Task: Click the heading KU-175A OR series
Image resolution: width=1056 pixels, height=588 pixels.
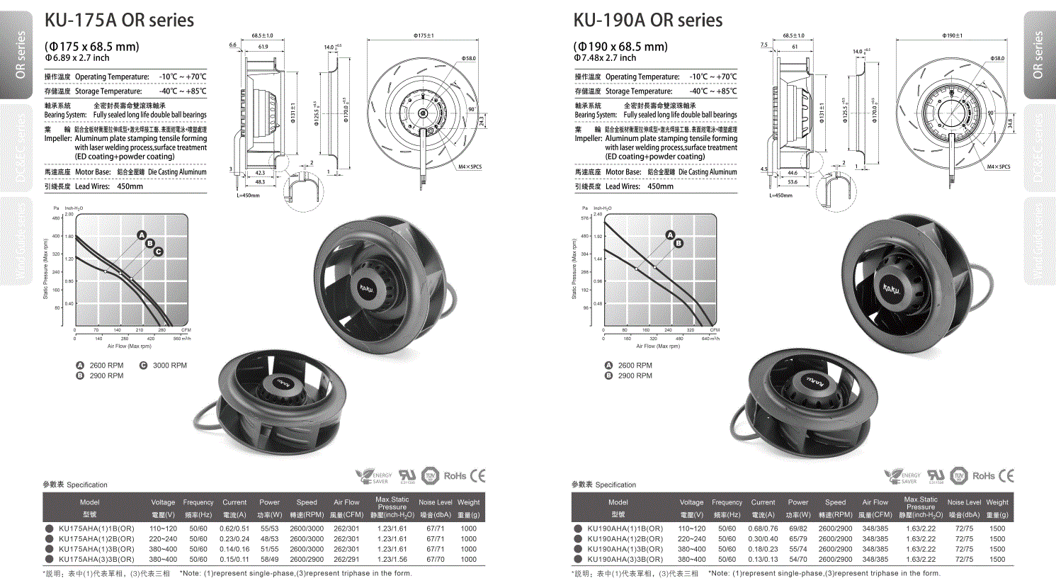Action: pyautogui.click(x=119, y=21)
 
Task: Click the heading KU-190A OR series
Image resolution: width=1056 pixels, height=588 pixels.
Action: pyautogui.click(x=647, y=21)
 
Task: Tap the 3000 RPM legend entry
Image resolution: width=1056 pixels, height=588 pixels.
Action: pyautogui.click(x=169, y=366)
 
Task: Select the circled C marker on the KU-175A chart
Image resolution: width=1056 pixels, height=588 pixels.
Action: pyautogui.click(x=158, y=251)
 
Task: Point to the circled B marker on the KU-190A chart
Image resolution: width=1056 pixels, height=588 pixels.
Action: pyautogui.click(x=679, y=243)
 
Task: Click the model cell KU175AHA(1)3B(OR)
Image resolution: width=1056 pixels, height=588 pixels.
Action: pyautogui.click(x=96, y=549)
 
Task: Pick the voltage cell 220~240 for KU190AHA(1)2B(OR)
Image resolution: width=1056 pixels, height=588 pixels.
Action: pyautogui.click(x=691, y=539)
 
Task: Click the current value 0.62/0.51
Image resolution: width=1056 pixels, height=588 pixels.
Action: pyautogui.click(x=234, y=528)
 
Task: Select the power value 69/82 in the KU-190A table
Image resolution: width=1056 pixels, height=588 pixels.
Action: pyautogui.click(x=797, y=528)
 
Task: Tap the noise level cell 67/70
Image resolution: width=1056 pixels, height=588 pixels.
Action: pyautogui.click(x=435, y=560)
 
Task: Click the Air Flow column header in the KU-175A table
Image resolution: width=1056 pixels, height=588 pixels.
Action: pyautogui.click(x=346, y=502)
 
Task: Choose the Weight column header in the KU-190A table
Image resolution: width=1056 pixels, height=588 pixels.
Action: pyautogui.click(x=997, y=502)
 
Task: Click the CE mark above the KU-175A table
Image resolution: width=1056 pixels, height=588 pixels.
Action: pyautogui.click(x=477, y=476)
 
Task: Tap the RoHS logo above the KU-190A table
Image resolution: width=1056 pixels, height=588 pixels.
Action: pyautogui.click(x=983, y=476)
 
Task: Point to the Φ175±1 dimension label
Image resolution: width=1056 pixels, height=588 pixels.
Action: pyautogui.click(x=424, y=35)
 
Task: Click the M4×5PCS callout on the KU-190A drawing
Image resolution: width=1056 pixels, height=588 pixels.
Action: pyautogui.click(x=999, y=167)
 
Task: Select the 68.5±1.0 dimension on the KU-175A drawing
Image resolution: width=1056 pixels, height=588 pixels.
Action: pyautogui.click(x=262, y=35)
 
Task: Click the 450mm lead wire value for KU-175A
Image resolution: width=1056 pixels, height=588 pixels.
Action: pyautogui.click(x=130, y=187)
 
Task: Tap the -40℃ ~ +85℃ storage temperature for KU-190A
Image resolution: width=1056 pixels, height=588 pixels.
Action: pyautogui.click(x=712, y=91)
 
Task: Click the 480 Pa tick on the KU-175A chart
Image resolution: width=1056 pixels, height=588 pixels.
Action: pyautogui.click(x=57, y=218)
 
